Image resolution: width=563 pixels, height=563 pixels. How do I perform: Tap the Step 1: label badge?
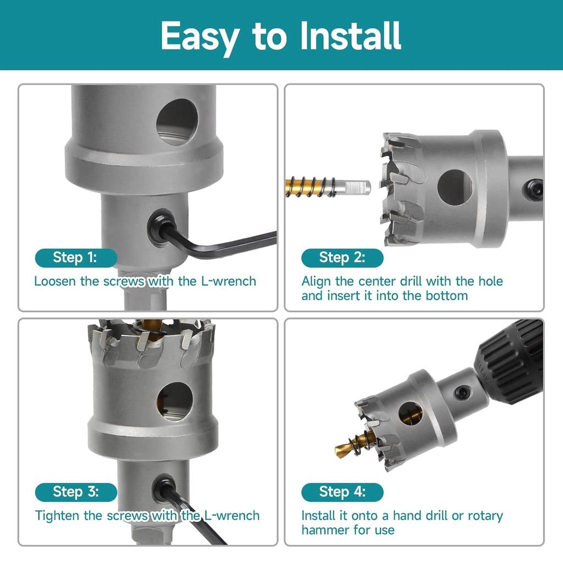point(75,257)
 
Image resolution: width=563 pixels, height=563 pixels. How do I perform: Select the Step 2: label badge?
point(342,257)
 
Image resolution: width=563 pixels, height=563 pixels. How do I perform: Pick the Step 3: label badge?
point(75,492)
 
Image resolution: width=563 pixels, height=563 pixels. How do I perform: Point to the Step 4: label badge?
point(342,492)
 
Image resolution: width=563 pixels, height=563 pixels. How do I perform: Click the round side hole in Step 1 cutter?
point(177,122)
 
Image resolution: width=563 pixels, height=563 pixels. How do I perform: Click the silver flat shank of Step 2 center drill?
point(352,186)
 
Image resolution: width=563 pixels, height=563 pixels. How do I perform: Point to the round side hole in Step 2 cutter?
point(455,187)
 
